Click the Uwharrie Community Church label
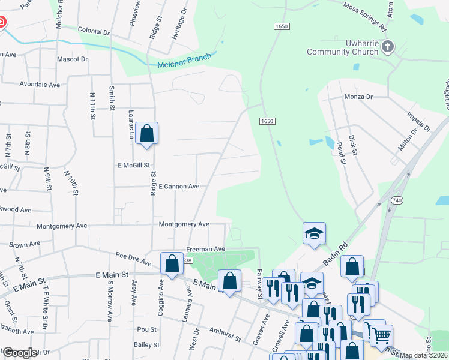(x=342, y=48)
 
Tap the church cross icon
(x=388, y=47)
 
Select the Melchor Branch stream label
(x=184, y=61)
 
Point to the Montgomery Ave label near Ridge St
(x=184, y=224)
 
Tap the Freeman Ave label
(x=205, y=248)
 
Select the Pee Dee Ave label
(x=133, y=259)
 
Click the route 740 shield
(x=396, y=199)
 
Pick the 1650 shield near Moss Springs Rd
(x=281, y=27)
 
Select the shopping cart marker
(x=381, y=335)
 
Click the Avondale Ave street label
(x=40, y=85)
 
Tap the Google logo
(x=19, y=352)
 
